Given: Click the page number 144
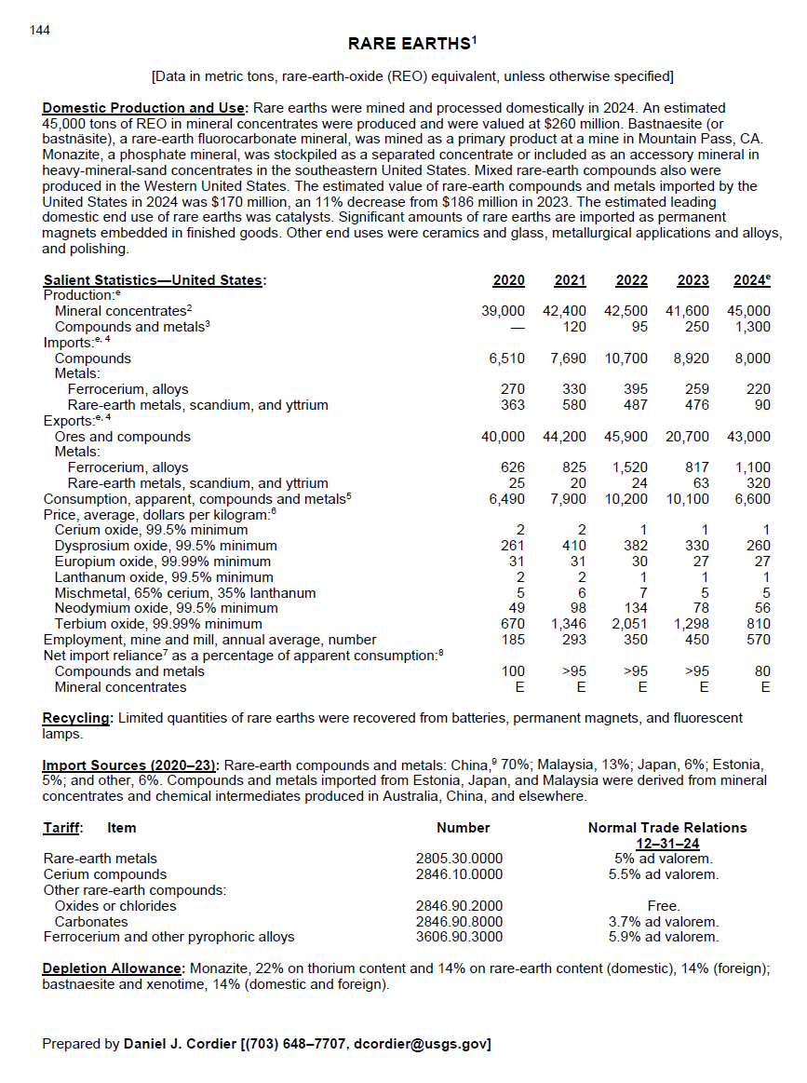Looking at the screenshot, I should coord(40,31).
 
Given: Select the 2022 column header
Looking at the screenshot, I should coord(632,280).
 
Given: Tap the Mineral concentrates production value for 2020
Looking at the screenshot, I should coord(503,311).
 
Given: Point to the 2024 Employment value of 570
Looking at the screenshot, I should coord(757,640).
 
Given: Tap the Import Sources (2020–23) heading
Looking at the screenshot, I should coord(130,765).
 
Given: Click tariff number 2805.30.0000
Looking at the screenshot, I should coord(459,859).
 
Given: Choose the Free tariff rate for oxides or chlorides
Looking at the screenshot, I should coord(664,906).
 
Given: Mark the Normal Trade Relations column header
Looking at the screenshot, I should coord(666,828).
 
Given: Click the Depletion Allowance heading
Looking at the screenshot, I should coord(112,969).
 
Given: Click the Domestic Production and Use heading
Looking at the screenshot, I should coord(145,109).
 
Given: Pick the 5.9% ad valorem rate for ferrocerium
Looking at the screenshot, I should coord(664,937).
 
